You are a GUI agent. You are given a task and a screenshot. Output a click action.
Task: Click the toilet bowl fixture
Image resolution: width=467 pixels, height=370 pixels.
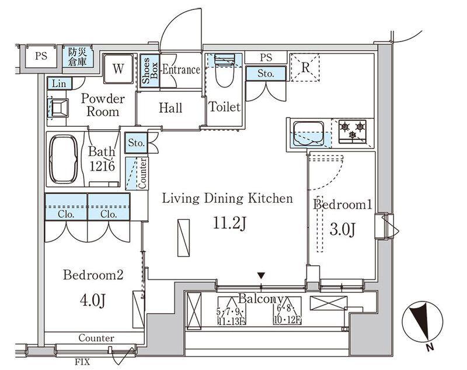[224, 71]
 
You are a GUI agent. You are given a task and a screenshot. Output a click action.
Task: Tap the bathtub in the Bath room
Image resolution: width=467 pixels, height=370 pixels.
[63, 159]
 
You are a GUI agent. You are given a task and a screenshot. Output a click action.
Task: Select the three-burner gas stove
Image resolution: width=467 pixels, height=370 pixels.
[353, 130]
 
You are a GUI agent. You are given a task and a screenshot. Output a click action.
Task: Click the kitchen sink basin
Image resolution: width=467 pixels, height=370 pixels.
[309, 133]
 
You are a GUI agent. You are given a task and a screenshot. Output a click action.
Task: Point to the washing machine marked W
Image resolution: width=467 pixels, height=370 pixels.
[118, 69]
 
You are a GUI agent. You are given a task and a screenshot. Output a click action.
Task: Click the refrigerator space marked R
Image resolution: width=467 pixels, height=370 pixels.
[305, 67]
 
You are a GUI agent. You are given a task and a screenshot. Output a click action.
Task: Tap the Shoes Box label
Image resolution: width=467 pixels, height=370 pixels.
[150, 70]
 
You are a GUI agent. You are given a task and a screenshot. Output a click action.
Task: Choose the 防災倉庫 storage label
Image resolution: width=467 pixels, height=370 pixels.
[78, 57]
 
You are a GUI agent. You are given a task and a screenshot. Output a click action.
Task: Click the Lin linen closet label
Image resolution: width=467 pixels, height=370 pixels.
[59, 84]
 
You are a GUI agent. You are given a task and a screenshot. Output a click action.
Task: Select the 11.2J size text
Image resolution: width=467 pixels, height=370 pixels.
[229, 223]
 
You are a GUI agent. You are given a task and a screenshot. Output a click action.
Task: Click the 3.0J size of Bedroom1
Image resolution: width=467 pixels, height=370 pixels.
[343, 229]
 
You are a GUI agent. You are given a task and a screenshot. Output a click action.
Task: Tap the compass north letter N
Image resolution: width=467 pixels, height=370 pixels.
[429, 348]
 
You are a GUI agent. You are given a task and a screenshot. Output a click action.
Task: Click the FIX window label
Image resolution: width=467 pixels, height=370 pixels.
[82, 362]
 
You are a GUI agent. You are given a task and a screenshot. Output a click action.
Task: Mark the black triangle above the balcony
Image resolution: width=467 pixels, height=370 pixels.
[261, 275]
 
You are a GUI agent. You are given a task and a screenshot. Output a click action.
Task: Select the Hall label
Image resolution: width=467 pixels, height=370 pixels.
[170, 108]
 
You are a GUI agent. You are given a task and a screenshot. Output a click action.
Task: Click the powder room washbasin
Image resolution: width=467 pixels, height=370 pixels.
[60, 108]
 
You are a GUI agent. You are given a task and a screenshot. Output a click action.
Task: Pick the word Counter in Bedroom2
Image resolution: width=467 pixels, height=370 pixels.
[96, 338]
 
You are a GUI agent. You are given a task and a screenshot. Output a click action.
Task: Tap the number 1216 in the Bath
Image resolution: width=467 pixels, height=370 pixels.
[102, 166]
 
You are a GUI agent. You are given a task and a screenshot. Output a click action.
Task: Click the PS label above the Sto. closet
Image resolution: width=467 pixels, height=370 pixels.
[266, 57]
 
